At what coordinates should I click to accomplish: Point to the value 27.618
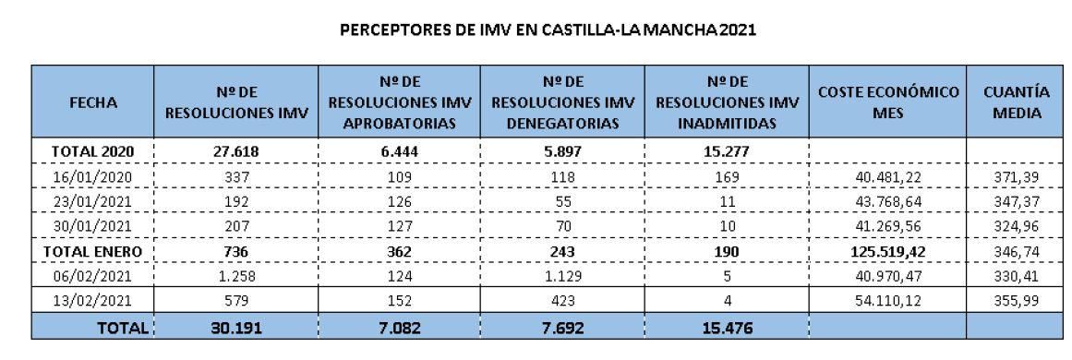236,151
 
